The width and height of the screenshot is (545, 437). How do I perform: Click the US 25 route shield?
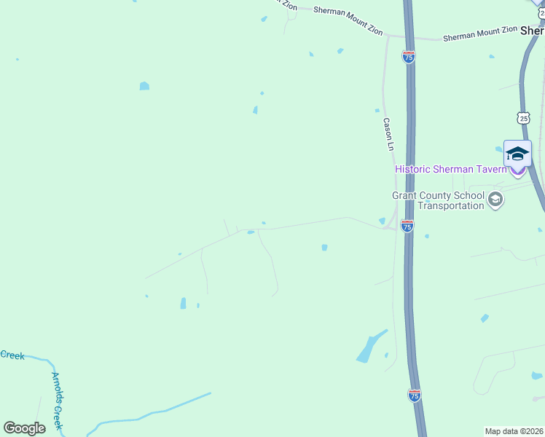click(524, 117)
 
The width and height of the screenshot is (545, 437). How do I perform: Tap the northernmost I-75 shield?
click(409, 57)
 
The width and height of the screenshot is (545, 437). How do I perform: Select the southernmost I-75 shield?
click(414, 395)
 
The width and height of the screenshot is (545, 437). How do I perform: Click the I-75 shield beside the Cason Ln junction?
click(407, 227)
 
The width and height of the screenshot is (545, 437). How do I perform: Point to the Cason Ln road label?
click(388, 135)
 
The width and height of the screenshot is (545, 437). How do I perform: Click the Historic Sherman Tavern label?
click(450, 169)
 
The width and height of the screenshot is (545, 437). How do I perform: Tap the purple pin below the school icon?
click(517, 171)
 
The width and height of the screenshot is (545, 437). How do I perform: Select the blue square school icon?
click(517, 153)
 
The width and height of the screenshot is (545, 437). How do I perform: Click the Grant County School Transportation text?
click(438, 200)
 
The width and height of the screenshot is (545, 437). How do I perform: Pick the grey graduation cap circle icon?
click(495, 200)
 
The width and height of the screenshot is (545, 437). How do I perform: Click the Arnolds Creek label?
click(58, 401)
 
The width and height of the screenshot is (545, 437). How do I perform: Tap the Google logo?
click(24, 428)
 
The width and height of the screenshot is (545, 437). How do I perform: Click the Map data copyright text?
click(514, 431)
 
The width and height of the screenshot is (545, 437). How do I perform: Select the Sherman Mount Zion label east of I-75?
click(479, 33)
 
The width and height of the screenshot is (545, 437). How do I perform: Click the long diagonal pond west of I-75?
click(370, 347)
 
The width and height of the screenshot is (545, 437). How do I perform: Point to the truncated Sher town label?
click(532, 31)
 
